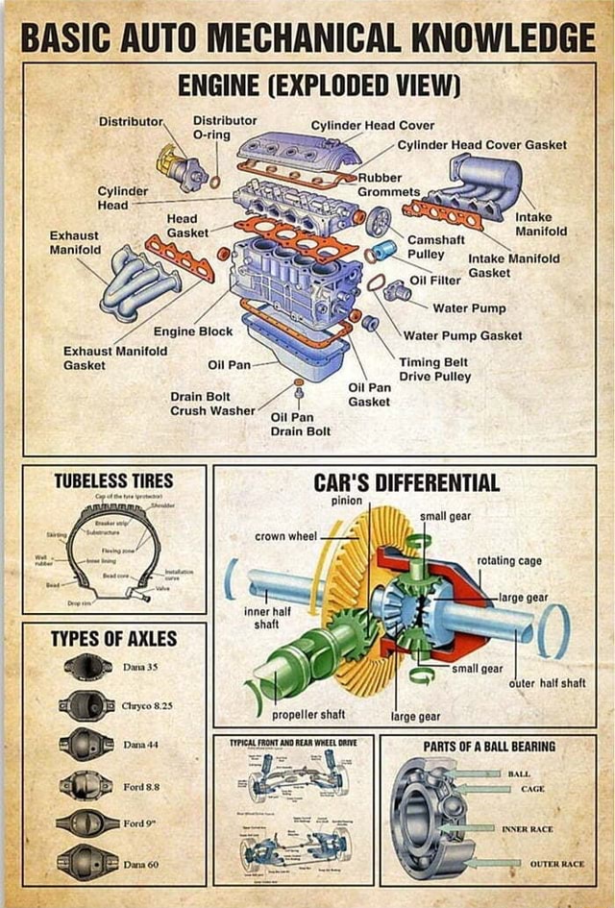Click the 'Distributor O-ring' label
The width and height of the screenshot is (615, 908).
click(225, 128)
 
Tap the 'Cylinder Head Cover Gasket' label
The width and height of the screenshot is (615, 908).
click(481, 145)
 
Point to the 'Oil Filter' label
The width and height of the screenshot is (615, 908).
click(435, 281)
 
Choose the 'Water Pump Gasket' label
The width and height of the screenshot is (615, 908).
click(462, 335)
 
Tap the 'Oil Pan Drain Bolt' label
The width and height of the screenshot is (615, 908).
click(300, 424)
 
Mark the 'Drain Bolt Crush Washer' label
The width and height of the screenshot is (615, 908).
click(212, 404)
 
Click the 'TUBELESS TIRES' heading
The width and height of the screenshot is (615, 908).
click(113, 479)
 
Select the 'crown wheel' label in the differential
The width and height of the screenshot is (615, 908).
click(285, 535)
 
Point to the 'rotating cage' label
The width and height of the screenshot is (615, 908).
click(508, 560)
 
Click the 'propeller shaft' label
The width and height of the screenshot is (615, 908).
click(308, 715)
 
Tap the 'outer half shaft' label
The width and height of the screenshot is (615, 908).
click(547, 683)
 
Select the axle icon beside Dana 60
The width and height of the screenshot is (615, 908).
click(87, 863)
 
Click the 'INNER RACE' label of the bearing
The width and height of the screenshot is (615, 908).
click(527, 828)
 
